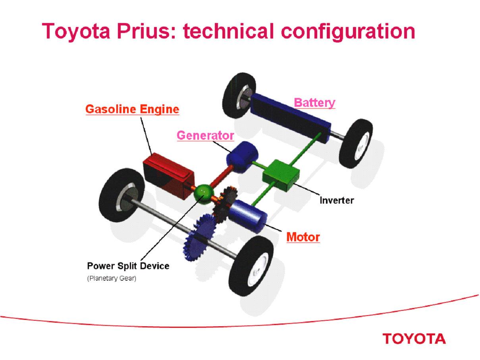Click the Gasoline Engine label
[x=132, y=109]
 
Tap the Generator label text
[x=205, y=135]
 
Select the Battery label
[x=314, y=103]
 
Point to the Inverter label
[x=337, y=200]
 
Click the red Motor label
[x=303, y=237]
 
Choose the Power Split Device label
[x=128, y=266]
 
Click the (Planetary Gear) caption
[x=112, y=279]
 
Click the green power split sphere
[x=204, y=193]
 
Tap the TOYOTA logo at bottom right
[x=414, y=339]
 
